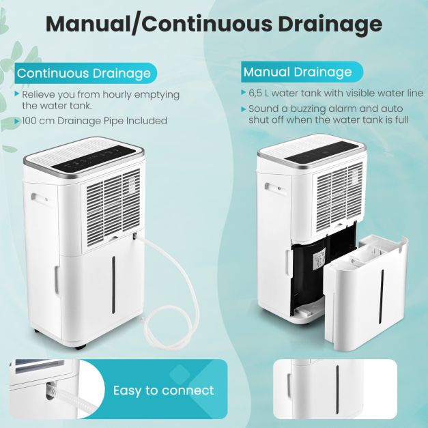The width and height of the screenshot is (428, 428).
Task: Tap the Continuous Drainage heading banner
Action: (86, 73)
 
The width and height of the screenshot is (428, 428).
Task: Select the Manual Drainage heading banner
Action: (302, 72)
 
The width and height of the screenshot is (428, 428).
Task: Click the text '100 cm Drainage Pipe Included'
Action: (94, 121)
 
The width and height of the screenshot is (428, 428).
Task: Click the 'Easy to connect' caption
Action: (164, 390)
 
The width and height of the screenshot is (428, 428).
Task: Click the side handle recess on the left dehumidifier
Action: (40, 199)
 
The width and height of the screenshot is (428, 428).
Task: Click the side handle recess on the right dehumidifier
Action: (274, 188)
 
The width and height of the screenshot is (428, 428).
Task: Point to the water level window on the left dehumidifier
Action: (113, 285)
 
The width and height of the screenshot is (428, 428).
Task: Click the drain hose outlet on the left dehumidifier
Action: (135, 236)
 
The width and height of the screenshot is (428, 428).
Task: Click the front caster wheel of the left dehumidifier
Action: (81, 347)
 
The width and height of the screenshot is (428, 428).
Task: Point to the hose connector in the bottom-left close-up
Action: (51, 390)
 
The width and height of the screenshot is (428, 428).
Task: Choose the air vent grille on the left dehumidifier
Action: (112, 202)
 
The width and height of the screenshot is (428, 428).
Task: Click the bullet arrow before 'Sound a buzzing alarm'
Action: (244, 109)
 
